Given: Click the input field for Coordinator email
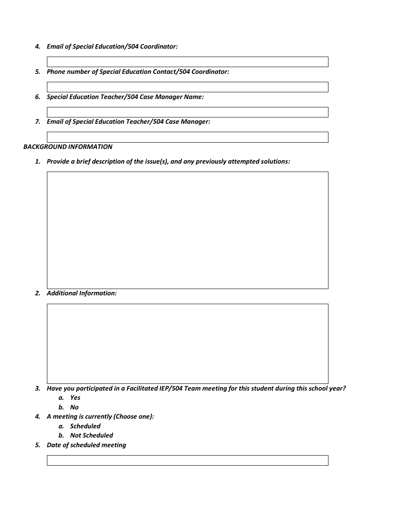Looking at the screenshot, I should [187, 62].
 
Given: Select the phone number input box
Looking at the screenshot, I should [187, 87].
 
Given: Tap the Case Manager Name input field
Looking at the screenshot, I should [187, 112].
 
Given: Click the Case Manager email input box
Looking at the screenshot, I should [187, 137].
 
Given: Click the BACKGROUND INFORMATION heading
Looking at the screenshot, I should [68, 147].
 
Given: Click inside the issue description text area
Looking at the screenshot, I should [187, 230].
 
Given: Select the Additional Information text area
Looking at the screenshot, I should [187, 344].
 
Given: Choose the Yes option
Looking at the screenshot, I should [75, 398].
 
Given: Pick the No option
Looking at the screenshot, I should [74, 407].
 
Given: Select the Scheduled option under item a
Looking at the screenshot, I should [85, 426].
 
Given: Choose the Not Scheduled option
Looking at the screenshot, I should [91, 435].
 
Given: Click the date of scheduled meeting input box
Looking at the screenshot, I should [187, 461].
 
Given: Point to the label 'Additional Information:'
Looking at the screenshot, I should [82, 293].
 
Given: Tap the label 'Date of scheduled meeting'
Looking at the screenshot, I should [86, 445].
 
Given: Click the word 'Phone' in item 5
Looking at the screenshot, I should [56, 72].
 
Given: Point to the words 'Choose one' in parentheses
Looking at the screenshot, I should [133, 417].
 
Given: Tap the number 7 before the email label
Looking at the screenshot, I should [38, 122].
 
